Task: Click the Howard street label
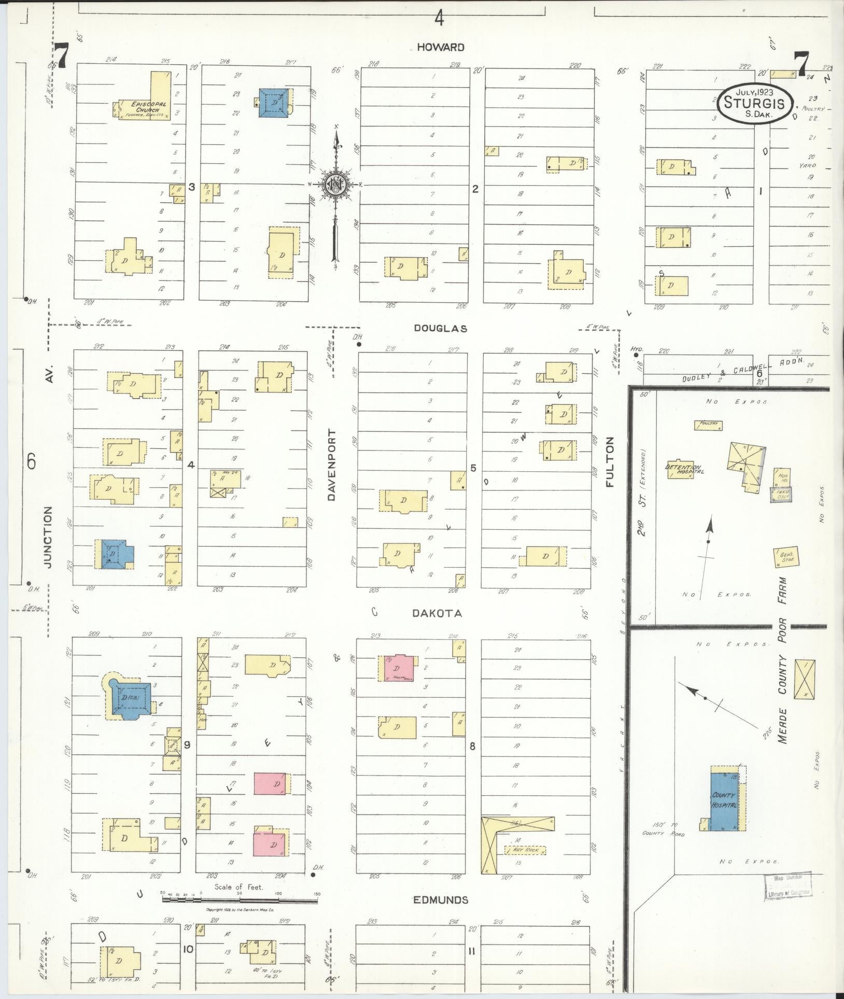(x=440, y=47)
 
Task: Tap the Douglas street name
(x=441, y=328)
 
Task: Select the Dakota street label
(x=437, y=613)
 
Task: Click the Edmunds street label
(x=441, y=900)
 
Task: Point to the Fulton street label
(x=610, y=462)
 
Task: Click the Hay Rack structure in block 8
(x=525, y=851)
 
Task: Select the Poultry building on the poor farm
(x=708, y=425)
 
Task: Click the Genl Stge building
(x=784, y=557)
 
